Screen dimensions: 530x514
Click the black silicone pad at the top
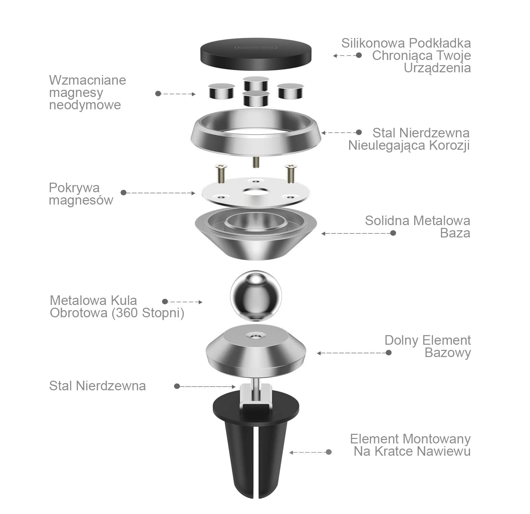(256, 54)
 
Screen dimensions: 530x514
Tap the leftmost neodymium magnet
(221, 91)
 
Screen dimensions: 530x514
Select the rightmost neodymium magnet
(290, 91)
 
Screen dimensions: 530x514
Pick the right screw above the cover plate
(291, 173)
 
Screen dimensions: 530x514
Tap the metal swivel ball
(256, 296)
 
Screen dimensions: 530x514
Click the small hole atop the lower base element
(256, 336)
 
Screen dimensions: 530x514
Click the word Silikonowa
(373, 43)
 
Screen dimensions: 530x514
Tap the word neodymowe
(85, 105)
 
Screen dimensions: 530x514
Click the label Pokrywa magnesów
(81, 194)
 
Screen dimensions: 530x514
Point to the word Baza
(455, 233)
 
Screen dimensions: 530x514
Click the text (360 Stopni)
(148, 313)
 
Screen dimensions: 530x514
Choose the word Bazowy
(448, 353)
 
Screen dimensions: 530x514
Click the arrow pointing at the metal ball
(184, 302)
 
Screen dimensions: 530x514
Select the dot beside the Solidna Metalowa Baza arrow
(393, 233)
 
